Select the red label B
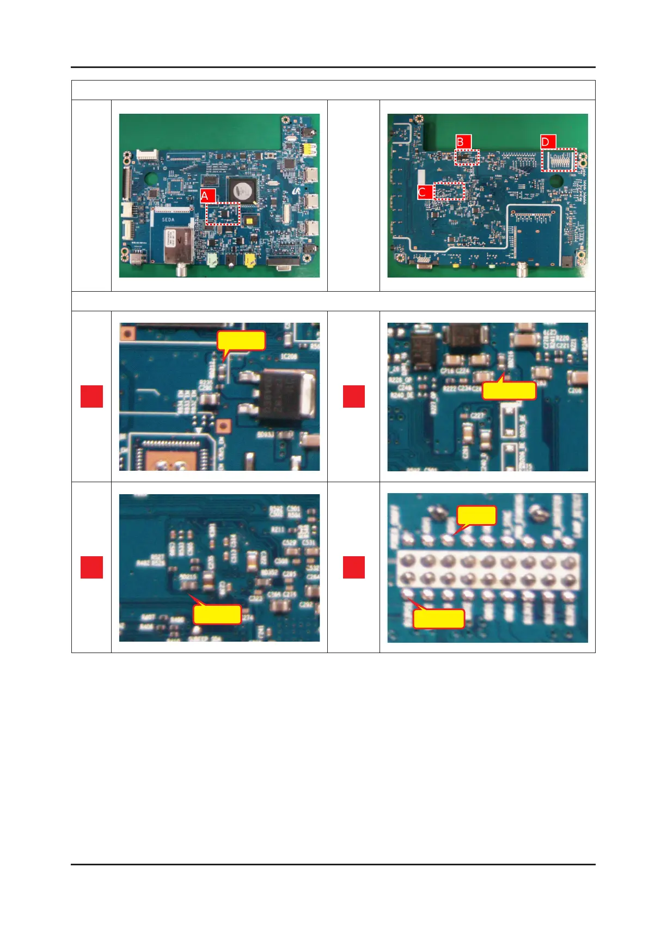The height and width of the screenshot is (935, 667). click(463, 142)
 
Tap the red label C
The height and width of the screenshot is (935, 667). click(425, 192)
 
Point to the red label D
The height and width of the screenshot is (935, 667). click(548, 142)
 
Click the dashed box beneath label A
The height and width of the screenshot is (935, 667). click(223, 213)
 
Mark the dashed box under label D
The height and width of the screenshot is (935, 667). click(559, 160)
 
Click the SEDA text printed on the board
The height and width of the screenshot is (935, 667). click(168, 219)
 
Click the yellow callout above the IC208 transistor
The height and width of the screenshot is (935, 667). click(241, 341)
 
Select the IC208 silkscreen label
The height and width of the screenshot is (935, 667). click(289, 356)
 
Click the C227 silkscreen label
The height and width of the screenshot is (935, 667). click(477, 415)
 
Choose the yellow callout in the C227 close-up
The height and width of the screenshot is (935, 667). click(509, 390)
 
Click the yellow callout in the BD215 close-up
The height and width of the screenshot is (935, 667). click(217, 614)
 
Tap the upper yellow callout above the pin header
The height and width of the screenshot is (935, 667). click(476, 515)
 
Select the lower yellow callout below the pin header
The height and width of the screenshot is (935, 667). click(439, 619)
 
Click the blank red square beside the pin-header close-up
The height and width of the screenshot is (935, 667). click(353, 567)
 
